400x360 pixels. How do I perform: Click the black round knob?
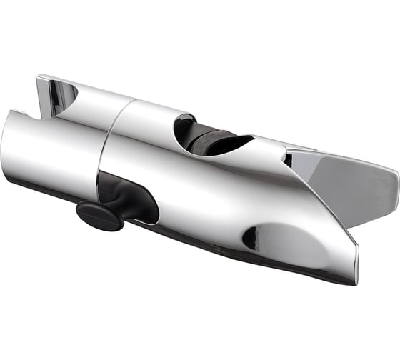coord(99,215)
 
